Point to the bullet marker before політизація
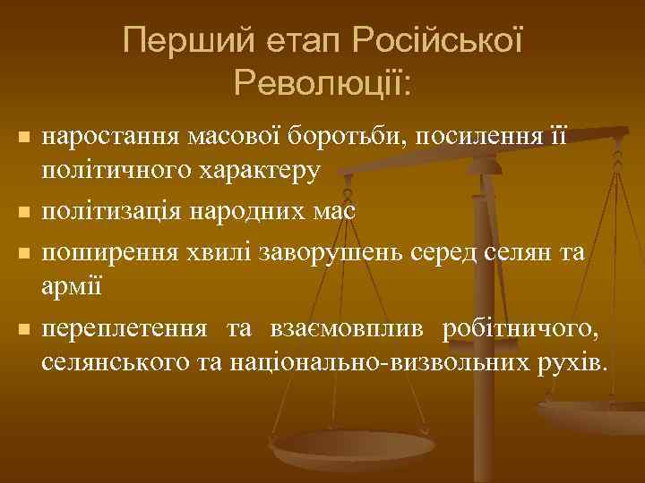23,213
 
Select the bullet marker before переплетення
23,331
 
